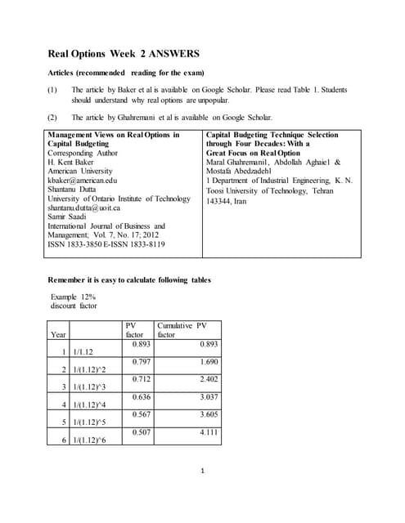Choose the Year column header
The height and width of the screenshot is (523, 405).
(x=59, y=334)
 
